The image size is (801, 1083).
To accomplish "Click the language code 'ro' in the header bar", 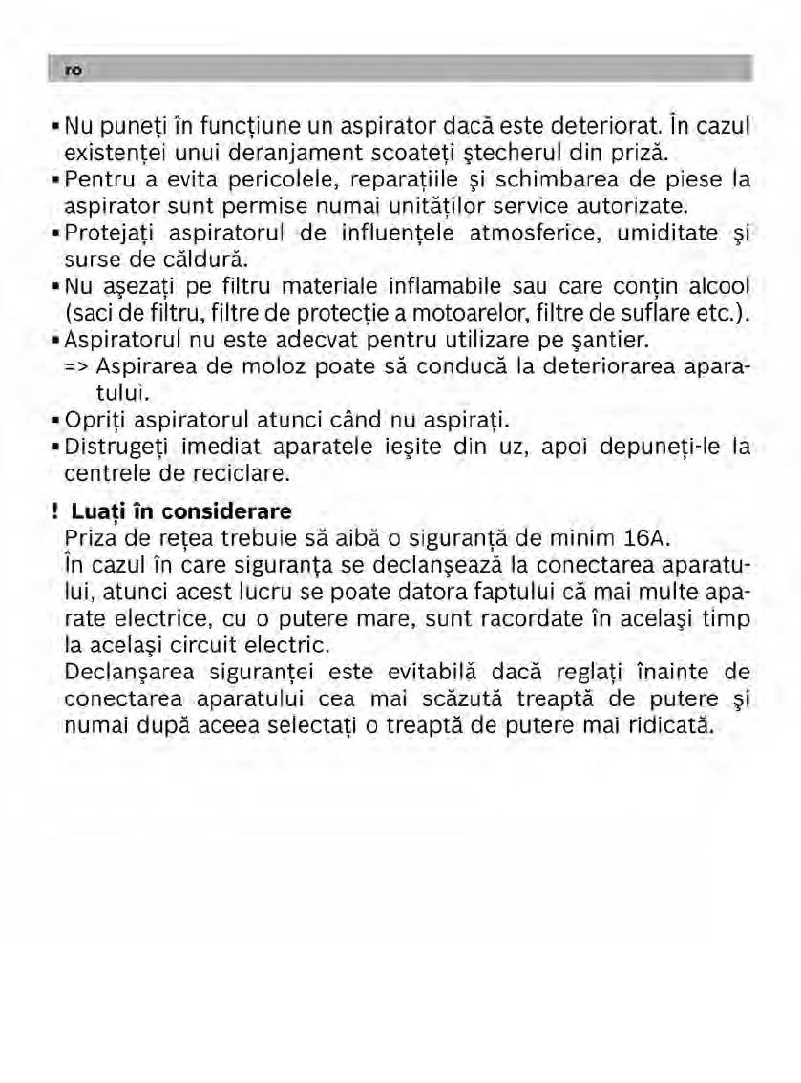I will pyautogui.click(x=72, y=70).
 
